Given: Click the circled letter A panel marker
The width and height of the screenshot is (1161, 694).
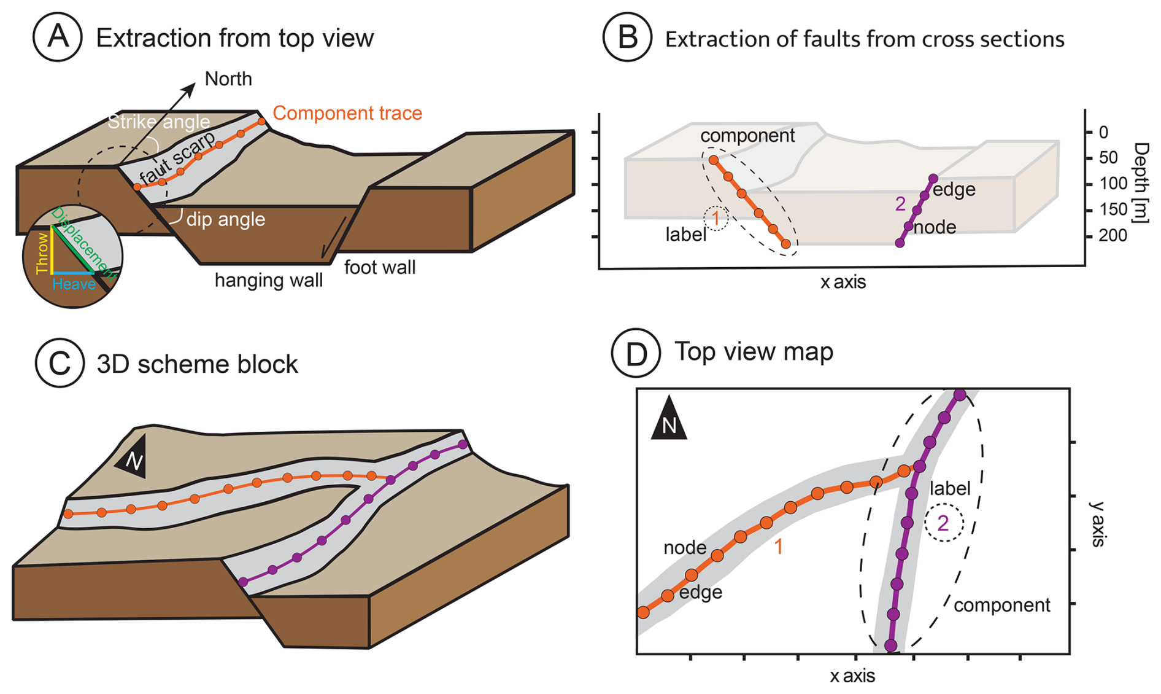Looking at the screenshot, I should point(58,37).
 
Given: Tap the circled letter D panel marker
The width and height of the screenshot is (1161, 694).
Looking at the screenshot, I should point(636,353).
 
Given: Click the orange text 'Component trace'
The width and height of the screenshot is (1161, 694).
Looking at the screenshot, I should point(347,113).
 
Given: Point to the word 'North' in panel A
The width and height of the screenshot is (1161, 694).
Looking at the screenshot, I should point(228,79).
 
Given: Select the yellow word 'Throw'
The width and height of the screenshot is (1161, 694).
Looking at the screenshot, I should point(42,253).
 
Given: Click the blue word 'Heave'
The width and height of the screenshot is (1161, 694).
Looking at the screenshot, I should point(74,284).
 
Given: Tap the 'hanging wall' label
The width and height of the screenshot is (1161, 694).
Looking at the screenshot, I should point(268,281).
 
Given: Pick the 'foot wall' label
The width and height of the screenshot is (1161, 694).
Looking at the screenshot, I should point(380,268).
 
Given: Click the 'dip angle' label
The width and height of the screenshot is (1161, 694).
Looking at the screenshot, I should point(226,219).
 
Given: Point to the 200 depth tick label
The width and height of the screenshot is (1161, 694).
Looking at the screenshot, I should point(1113,236).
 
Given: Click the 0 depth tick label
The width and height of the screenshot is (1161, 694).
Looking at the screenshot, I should point(1104,132).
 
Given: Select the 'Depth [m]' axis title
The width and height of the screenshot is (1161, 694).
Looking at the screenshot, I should point(1141,183).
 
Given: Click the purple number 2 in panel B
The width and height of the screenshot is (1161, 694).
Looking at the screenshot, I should point(900,203).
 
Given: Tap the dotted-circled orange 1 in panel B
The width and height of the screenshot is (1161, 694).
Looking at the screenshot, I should point(715,217).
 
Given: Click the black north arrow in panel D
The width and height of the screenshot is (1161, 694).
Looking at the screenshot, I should point(669,419).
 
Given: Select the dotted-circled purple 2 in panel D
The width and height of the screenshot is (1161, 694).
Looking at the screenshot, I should point(944,523).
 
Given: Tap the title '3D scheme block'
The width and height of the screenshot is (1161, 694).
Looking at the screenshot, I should point(197,364).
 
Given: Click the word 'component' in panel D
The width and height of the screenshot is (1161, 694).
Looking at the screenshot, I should point(1002,606).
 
